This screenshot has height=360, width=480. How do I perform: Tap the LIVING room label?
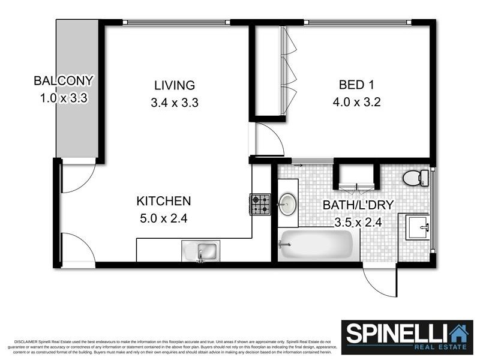174,85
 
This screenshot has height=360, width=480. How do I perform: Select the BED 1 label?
356,85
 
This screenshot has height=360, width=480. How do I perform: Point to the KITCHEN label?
163,201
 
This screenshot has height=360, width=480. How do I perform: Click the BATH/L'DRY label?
358,205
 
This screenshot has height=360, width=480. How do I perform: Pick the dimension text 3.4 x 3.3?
174,103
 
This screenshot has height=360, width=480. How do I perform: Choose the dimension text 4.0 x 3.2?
356,103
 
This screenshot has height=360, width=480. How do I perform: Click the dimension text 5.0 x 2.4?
163,219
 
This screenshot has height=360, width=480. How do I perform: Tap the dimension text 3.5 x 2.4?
358,223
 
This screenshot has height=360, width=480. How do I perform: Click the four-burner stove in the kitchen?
260,204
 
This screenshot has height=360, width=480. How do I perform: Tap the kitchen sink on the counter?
201,251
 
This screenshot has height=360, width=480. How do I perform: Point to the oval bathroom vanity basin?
287,205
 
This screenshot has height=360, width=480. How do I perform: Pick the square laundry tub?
418,227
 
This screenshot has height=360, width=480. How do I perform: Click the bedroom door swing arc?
269,140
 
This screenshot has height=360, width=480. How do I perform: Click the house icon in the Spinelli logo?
459,333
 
